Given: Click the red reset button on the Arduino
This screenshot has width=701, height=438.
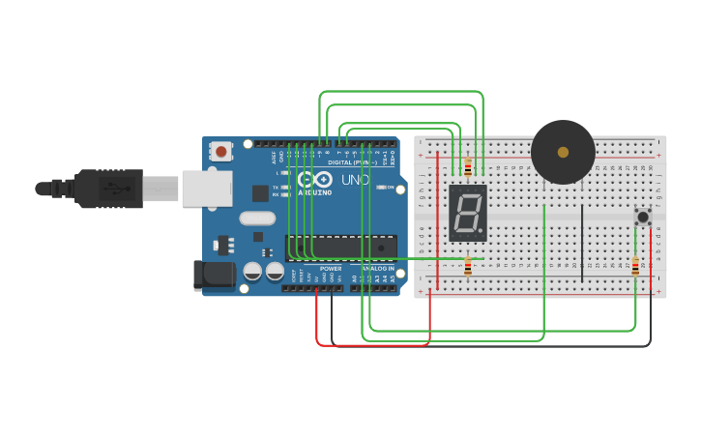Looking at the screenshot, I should pos(221,151).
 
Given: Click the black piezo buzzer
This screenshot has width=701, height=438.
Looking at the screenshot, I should pos(563,152).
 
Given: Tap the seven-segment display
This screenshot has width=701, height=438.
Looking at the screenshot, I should pos(468,214).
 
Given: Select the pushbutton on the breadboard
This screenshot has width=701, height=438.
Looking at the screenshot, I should pos(642,217).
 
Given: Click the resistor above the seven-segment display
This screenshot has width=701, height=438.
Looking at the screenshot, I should pos(468,168).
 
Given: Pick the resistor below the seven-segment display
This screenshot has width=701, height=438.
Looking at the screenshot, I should pos(468,266).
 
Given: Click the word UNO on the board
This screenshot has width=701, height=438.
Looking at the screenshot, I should pos(355,180).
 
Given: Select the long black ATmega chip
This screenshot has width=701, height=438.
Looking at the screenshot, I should pos(340,248).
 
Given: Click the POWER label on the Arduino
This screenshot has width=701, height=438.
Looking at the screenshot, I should pos(331,268).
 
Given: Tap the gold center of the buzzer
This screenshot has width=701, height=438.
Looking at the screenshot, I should pos(563,152).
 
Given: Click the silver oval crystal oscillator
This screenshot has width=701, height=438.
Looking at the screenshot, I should pos(257,219).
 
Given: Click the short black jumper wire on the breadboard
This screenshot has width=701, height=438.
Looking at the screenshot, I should pos(582,242).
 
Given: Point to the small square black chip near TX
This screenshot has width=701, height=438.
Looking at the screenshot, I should pos(260,192).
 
